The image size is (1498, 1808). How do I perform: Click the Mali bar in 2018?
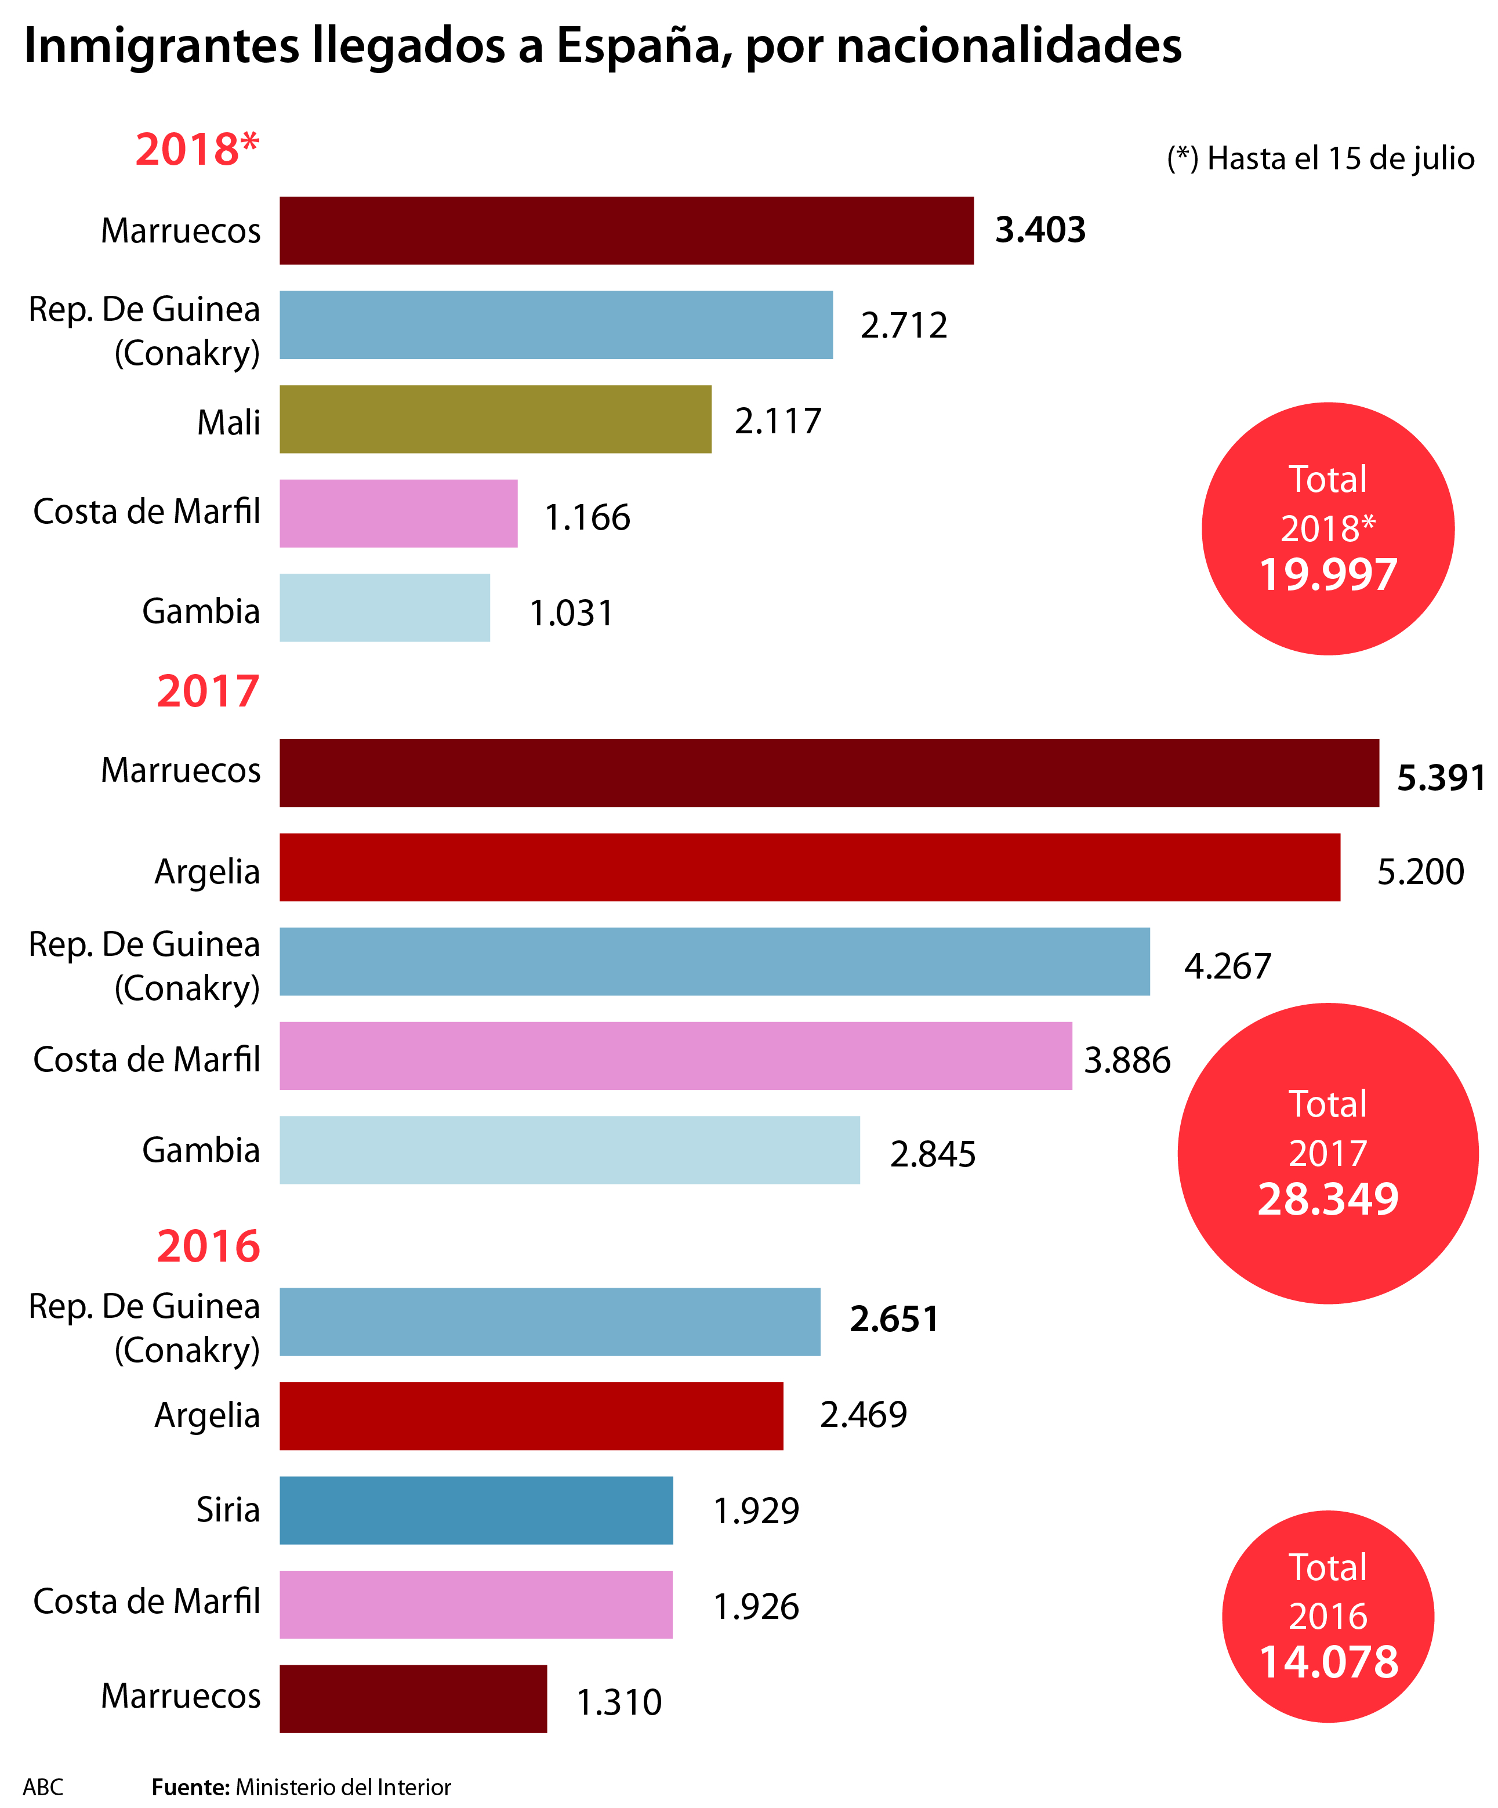pyautogui.click(x=495, y=419)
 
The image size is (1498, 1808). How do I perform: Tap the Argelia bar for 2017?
pyautogui.click(x=809, y=867)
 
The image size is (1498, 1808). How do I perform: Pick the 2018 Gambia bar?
pyautogui.click(x=385, y=608)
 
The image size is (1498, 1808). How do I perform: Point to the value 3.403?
pyautogui.click(x=1040, y=230)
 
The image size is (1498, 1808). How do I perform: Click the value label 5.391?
pyautogui.click(x=1441, y=777)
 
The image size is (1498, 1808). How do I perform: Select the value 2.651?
pyautogui.click(x=894, y=1319)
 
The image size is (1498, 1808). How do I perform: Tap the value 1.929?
pyautogui.click(x=756, y=1511)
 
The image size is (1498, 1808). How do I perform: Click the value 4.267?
pyautogui.click(x=1227, y=966)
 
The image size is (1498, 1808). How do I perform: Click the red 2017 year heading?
pyautogui.click(x=208, y=691)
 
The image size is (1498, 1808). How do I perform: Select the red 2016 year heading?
pyautogui.click(x=208, y=1246)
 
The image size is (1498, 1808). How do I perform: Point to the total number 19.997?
pyautogui.click(x=1327, y=574)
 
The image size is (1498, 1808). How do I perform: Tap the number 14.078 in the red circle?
pyautogui.click(x=1327, y=1662)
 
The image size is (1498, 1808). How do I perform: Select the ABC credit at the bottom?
pyautogui.click(x=43, y=1787)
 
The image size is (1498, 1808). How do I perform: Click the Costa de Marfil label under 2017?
pyautogui.click(x=146, y=1060)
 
